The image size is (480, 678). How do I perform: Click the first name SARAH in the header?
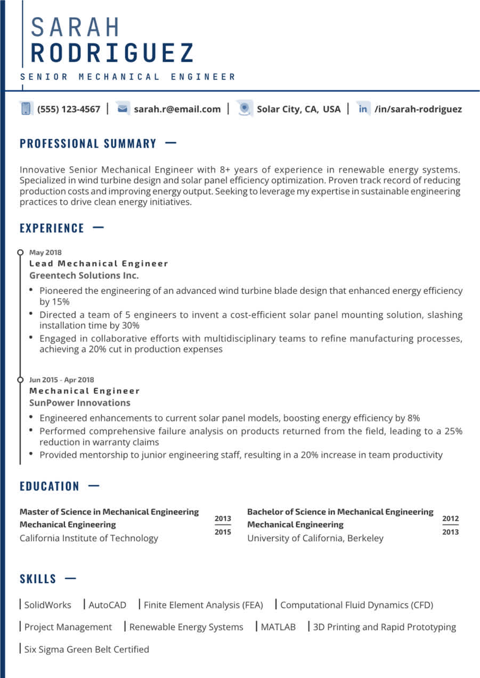pyautogui.click(x=76, y=28)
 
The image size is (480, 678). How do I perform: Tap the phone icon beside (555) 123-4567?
pyautogui.click(x=26, y=109)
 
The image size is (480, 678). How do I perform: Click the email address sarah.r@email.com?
pyautogui.click(x=177, y=109)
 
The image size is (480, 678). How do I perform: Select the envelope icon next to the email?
pyautogui.click(x=123, y=109)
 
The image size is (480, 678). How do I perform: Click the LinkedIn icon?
pyautogui.click(x=363, y=109)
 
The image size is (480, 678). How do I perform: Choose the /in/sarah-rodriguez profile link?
pyautogui.click(x=418, y=109)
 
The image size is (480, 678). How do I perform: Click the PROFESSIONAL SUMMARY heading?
pyautogui.click(x=88, y=143)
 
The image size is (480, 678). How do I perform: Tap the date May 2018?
pyautogui.click(x=45, y=252)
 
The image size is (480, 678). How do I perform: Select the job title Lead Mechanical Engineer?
pyautogui.click(x=99, y=263)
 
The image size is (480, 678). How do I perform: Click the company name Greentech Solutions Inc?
pyautogui.click(x=84, y=275)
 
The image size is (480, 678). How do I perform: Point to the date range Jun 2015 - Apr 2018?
pyautogui.click(x=61, y=380)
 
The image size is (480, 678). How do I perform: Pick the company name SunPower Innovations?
pyautogui.click(x=79, y=403)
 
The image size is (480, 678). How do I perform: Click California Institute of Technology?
pyautogui.click(x=89, y=538)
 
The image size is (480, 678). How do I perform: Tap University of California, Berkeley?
pyautogui.click(x=315, y=538)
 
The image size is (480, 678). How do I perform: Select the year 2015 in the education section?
pyautogui.click(x=223, y=532)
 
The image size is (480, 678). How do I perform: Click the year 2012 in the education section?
pyautogui.click(x=450, y=518)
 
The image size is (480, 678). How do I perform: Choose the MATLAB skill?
pyautogui.click(x=278, y=627)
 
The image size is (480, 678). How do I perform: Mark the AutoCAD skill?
pyautogui.click(x=107, y=605)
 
